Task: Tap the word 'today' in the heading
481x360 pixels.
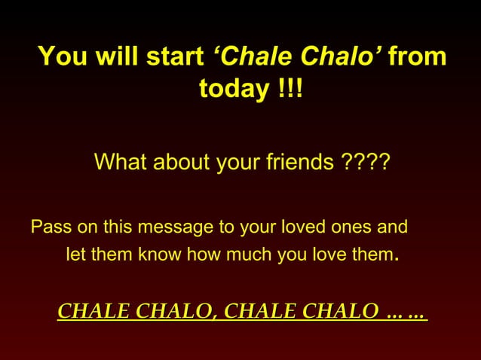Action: (233, 90)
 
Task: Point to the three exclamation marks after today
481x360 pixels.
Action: (289, 90)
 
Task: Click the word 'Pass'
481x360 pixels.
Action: (47, 227)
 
